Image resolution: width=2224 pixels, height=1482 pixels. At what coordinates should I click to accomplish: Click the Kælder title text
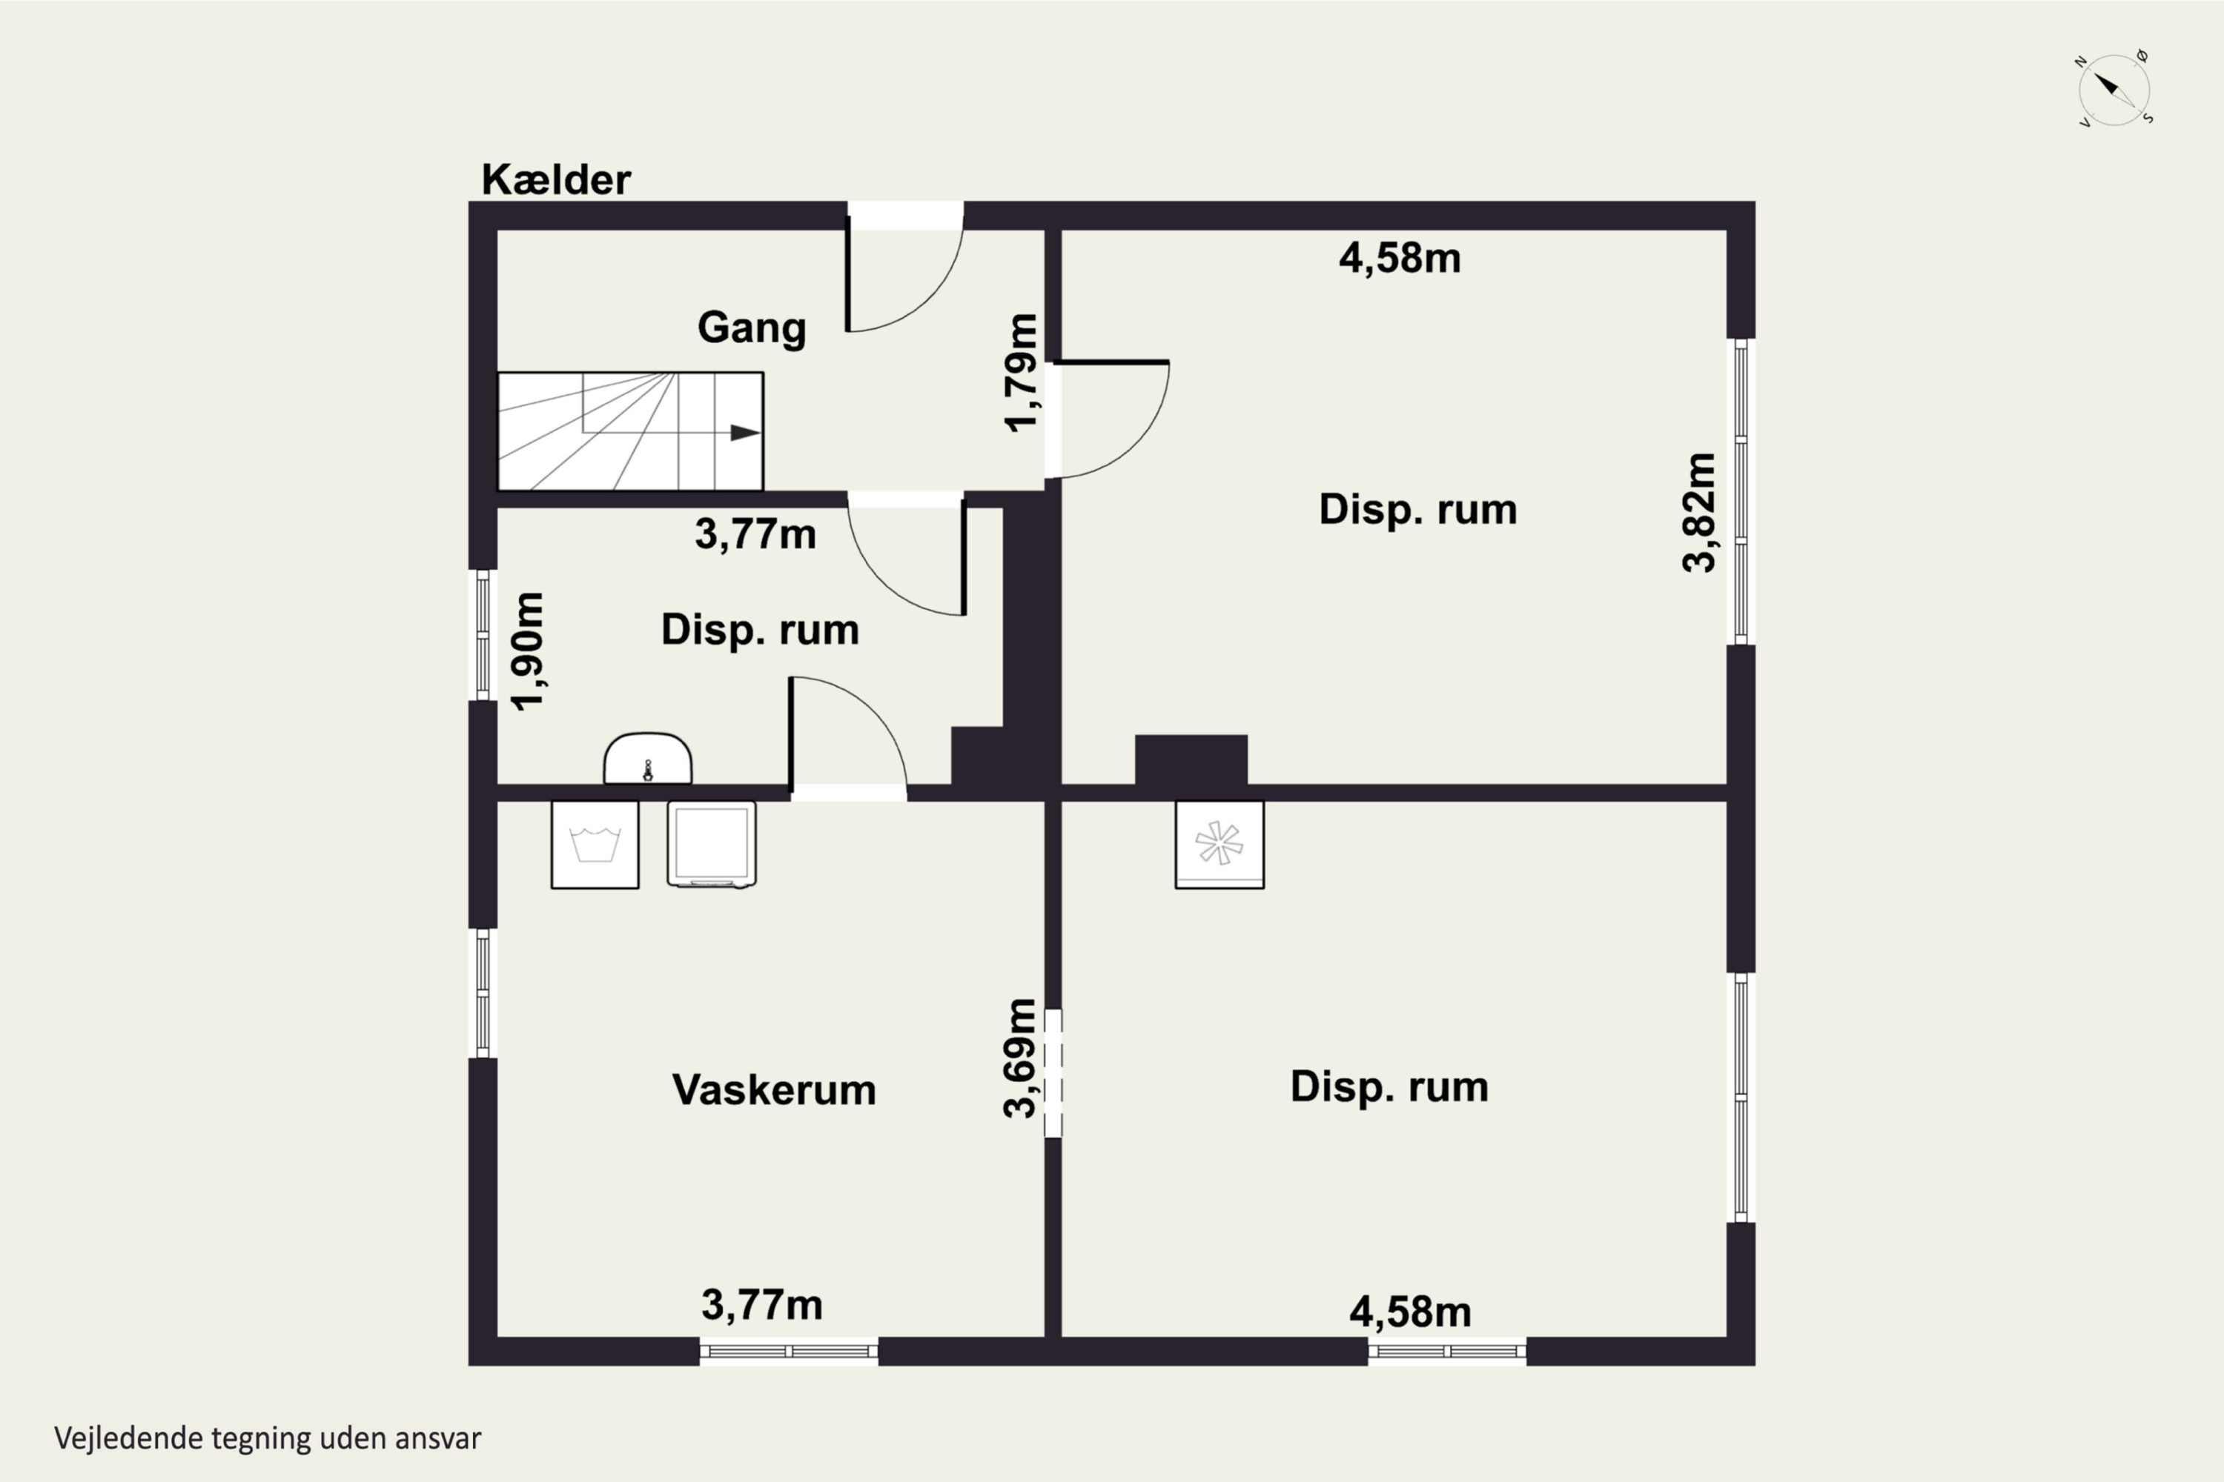tap(556, 179)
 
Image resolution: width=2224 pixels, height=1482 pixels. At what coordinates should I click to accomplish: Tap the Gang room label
tap(752, 328)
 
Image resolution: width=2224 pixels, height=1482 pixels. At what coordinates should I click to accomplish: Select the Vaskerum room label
tap(773, 1090)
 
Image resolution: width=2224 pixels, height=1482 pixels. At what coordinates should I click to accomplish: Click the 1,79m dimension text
tap(1022, 373)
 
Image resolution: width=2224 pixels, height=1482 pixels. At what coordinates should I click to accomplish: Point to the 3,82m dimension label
tap(1699, 514)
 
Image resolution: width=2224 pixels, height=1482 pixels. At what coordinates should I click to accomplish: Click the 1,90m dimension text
tap(528, 651)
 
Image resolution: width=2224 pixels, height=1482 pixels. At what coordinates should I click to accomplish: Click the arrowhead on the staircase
tap(745, 433)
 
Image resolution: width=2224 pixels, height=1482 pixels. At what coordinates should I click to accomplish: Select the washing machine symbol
tap(595, 845)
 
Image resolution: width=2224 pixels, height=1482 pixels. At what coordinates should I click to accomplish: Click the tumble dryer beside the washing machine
tap(712, 845)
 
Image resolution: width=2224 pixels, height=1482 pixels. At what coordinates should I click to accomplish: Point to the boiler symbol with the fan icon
tap(1219, 845)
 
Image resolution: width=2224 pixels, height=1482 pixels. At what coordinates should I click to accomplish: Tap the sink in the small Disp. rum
tap(648, 759)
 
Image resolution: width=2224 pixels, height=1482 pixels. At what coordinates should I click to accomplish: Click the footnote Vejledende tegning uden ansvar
tap(268, 1438)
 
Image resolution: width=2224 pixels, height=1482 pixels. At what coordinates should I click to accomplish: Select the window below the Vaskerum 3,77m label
tap(789, 1352)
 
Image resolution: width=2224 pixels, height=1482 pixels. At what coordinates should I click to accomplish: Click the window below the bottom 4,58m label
tap(1447, 1352)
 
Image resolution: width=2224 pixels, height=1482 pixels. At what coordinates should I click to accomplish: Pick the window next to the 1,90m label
tap(483, 635)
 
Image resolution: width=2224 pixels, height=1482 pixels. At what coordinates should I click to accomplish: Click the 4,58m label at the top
tap(1400, 258)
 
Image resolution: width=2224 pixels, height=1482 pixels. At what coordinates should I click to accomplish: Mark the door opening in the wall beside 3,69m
tap(1053, 1074)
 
